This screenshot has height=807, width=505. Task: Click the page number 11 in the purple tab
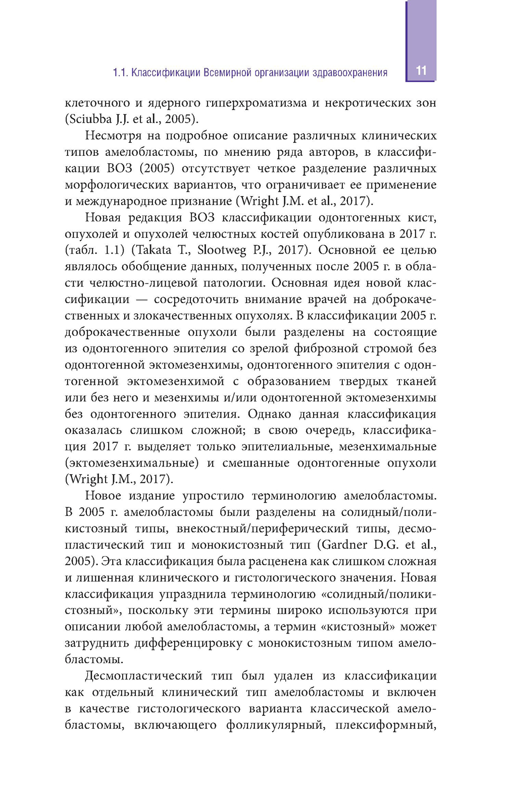pyautogui.click(x=421, y=71)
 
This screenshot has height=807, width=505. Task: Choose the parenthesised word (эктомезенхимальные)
pyautogui.click(x=132, y=463)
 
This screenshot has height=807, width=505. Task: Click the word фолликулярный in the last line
pyautogui.click(x=275, y=725)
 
